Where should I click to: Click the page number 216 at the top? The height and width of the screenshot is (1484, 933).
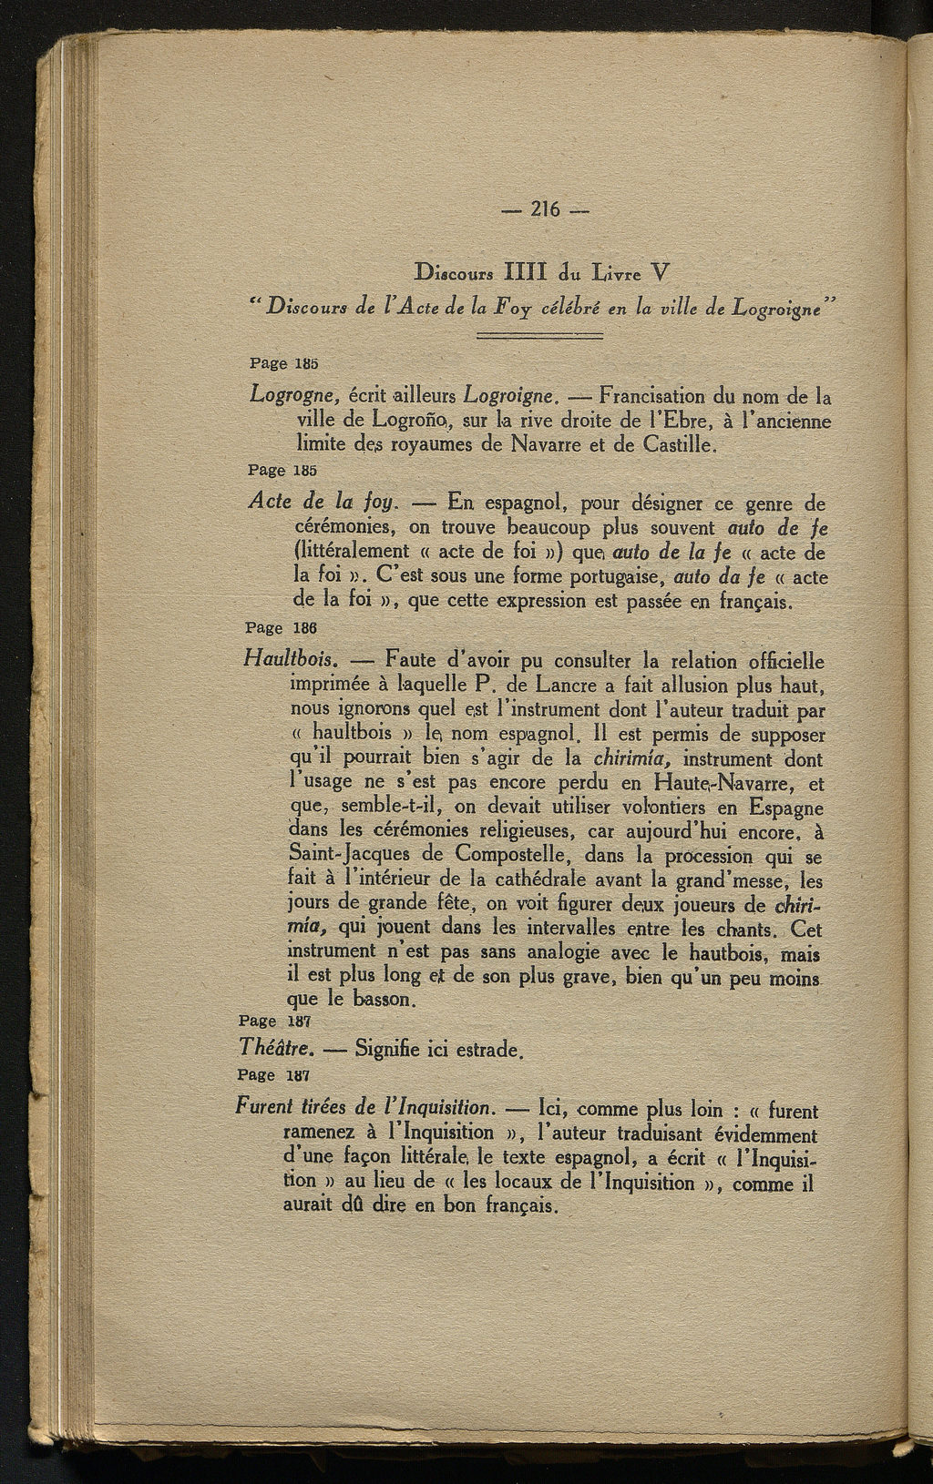pyautogui.click(x=545, y=208)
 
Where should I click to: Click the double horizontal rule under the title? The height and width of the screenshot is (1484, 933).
pyautogui.click(x=540, y=337)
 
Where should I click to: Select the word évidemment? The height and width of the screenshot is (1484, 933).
pyautogui.click(x=760, y=1135)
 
